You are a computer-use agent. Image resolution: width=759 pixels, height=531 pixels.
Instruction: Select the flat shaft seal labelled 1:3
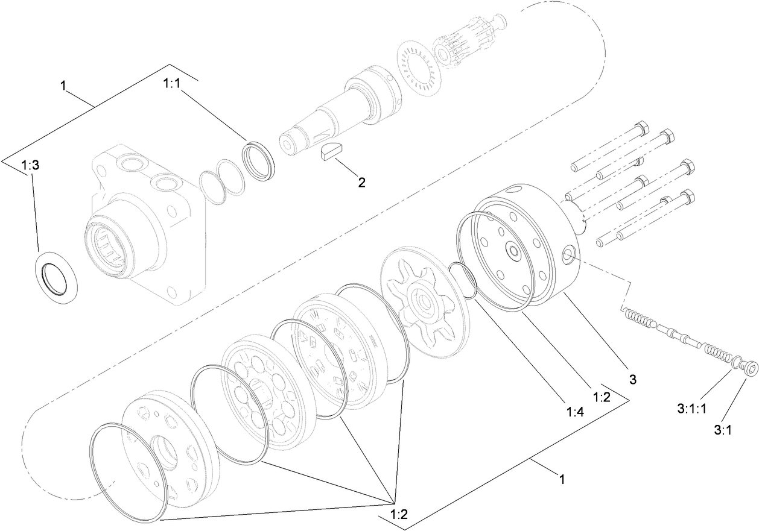[57, 276]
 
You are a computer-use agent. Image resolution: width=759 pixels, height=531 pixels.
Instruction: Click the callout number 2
[361, 182]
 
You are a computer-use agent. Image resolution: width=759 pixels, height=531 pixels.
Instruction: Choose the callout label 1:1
[172, 85]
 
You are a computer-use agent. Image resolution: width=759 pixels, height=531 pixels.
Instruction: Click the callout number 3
[615, 380]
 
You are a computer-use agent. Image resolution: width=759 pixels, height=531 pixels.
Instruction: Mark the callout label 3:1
[723, 430]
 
